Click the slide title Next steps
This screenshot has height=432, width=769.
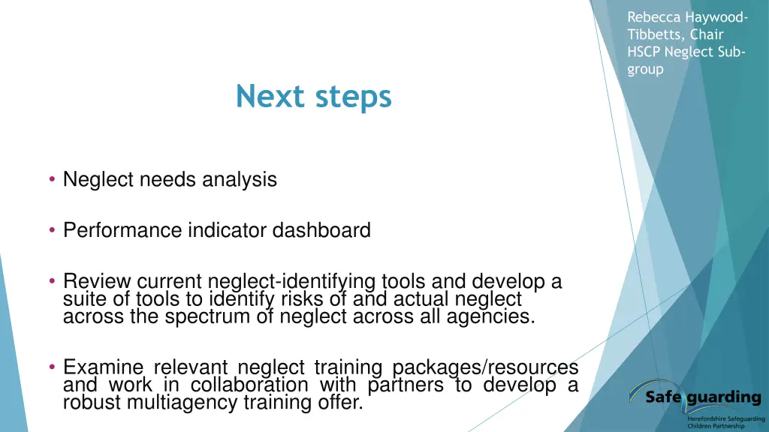tap(313, 97)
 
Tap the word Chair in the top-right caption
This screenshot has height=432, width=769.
tap(707, 34)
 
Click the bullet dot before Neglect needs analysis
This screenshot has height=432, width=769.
tap(52, 179)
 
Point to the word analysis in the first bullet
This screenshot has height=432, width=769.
tap(240, 180)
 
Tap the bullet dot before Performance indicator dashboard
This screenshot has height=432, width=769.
tap(52, 230)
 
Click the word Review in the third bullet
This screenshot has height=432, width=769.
tap(95, 282)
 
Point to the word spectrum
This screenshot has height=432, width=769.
tap(208, 316)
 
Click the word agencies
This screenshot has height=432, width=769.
tap(482, 316)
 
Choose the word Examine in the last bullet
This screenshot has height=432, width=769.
tap(104, 367)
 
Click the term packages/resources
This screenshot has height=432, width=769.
tap(486, 367)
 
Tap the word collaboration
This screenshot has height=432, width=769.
tap(249, 385)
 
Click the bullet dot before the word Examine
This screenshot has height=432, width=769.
tap(52, 367)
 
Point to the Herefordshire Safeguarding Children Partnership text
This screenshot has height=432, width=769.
tap(725, 421)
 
